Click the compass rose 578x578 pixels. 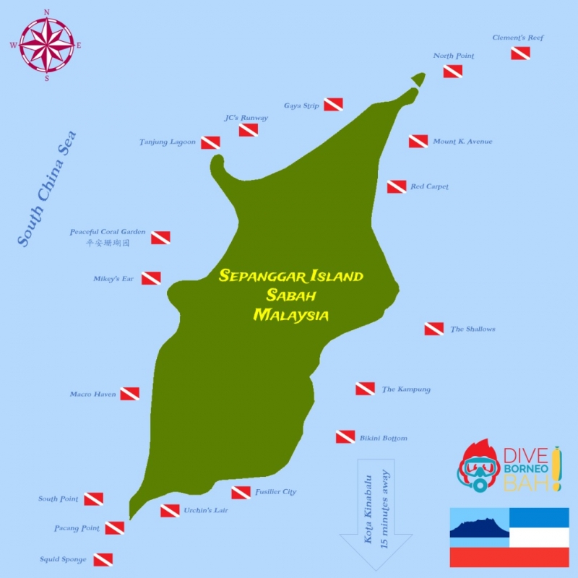pyautogui.click(x=47, y=44)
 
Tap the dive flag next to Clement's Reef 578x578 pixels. pyautogui.click(x=520, y=53)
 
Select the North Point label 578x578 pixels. pyautogui.click(x=454, y=56)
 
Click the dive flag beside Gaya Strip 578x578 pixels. pyautogui.click(x=333, y=105)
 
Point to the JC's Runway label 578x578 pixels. pyautogui.click(x=246, y=118)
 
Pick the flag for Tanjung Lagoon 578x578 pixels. pyautogui.click(x=210, y=142)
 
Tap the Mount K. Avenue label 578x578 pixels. pyautogui.click(x=462, y=142)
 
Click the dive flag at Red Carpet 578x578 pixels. pyautogui.click(x=397, y=187)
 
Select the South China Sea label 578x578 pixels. pyautogui.click(x=47, y=190)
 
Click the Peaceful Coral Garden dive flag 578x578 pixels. pyautogui.click(x=160, y=238)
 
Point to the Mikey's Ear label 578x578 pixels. pyautogui.click(x=113, y=278)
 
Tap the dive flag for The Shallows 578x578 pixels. pyautogui.click(x=433, y=329)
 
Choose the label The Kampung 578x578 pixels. pyautogui.click(x=406, y=389)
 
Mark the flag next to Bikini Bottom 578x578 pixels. pyautogui.click(x=345, y=437)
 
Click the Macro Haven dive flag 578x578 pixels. pyautogui.click(x=129, y=394)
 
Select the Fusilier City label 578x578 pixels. pyautogui.click(x=275, y=492)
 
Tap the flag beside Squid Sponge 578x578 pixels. pyautogui.click(x=103, y=559)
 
